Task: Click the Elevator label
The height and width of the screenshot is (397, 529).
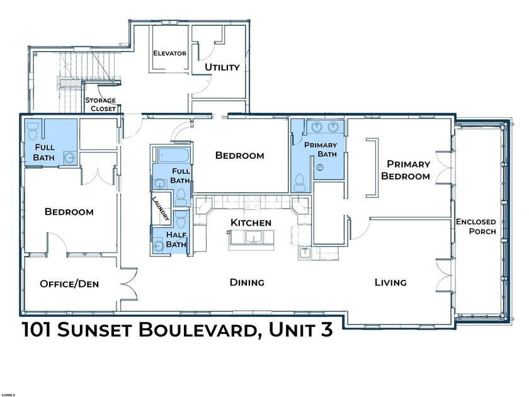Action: [x=169, y=54]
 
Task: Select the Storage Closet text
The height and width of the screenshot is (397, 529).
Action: [x=101, y=105]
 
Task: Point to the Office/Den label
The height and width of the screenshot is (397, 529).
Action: [x=69, y=284]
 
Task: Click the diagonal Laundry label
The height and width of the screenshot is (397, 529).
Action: [x=160, y=208]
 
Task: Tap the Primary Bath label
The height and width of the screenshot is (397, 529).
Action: [x=321, y=149]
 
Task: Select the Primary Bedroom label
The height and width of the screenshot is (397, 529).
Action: [x=408, y=170]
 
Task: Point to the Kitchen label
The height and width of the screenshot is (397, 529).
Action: [x=251, y=223]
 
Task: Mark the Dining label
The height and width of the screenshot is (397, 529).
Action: [x=247, y=282]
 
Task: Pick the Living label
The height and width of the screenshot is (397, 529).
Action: [x=390, y=282]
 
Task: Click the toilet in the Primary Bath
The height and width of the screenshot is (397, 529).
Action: [x=300, y=182]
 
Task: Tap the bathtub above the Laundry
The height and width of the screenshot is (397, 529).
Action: [x=170, y=154]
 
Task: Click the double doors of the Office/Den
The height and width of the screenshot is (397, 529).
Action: [x=130, y=285]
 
